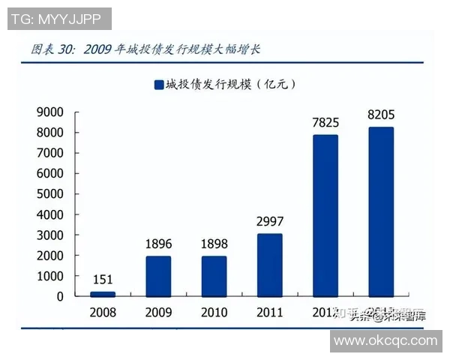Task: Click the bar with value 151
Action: click(x=103, y=293)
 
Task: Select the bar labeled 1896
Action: click(x=158, y=276)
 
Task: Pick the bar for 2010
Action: click(x=214, y=276)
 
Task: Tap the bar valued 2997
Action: click(x=269, y=265)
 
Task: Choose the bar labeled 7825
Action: click(x=325, y=215)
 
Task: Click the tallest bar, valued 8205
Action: click(x=381, y=211)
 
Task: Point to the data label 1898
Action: click(x=214, y=244)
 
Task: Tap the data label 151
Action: click(x=103, y=280)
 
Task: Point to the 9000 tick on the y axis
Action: click(x=49, y=112)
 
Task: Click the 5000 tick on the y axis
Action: click(x=49, y=194)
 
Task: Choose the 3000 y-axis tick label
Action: click(x=49, y=235)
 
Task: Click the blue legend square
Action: click(x=158, y=85)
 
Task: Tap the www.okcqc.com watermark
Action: click(x=385, y=341)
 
